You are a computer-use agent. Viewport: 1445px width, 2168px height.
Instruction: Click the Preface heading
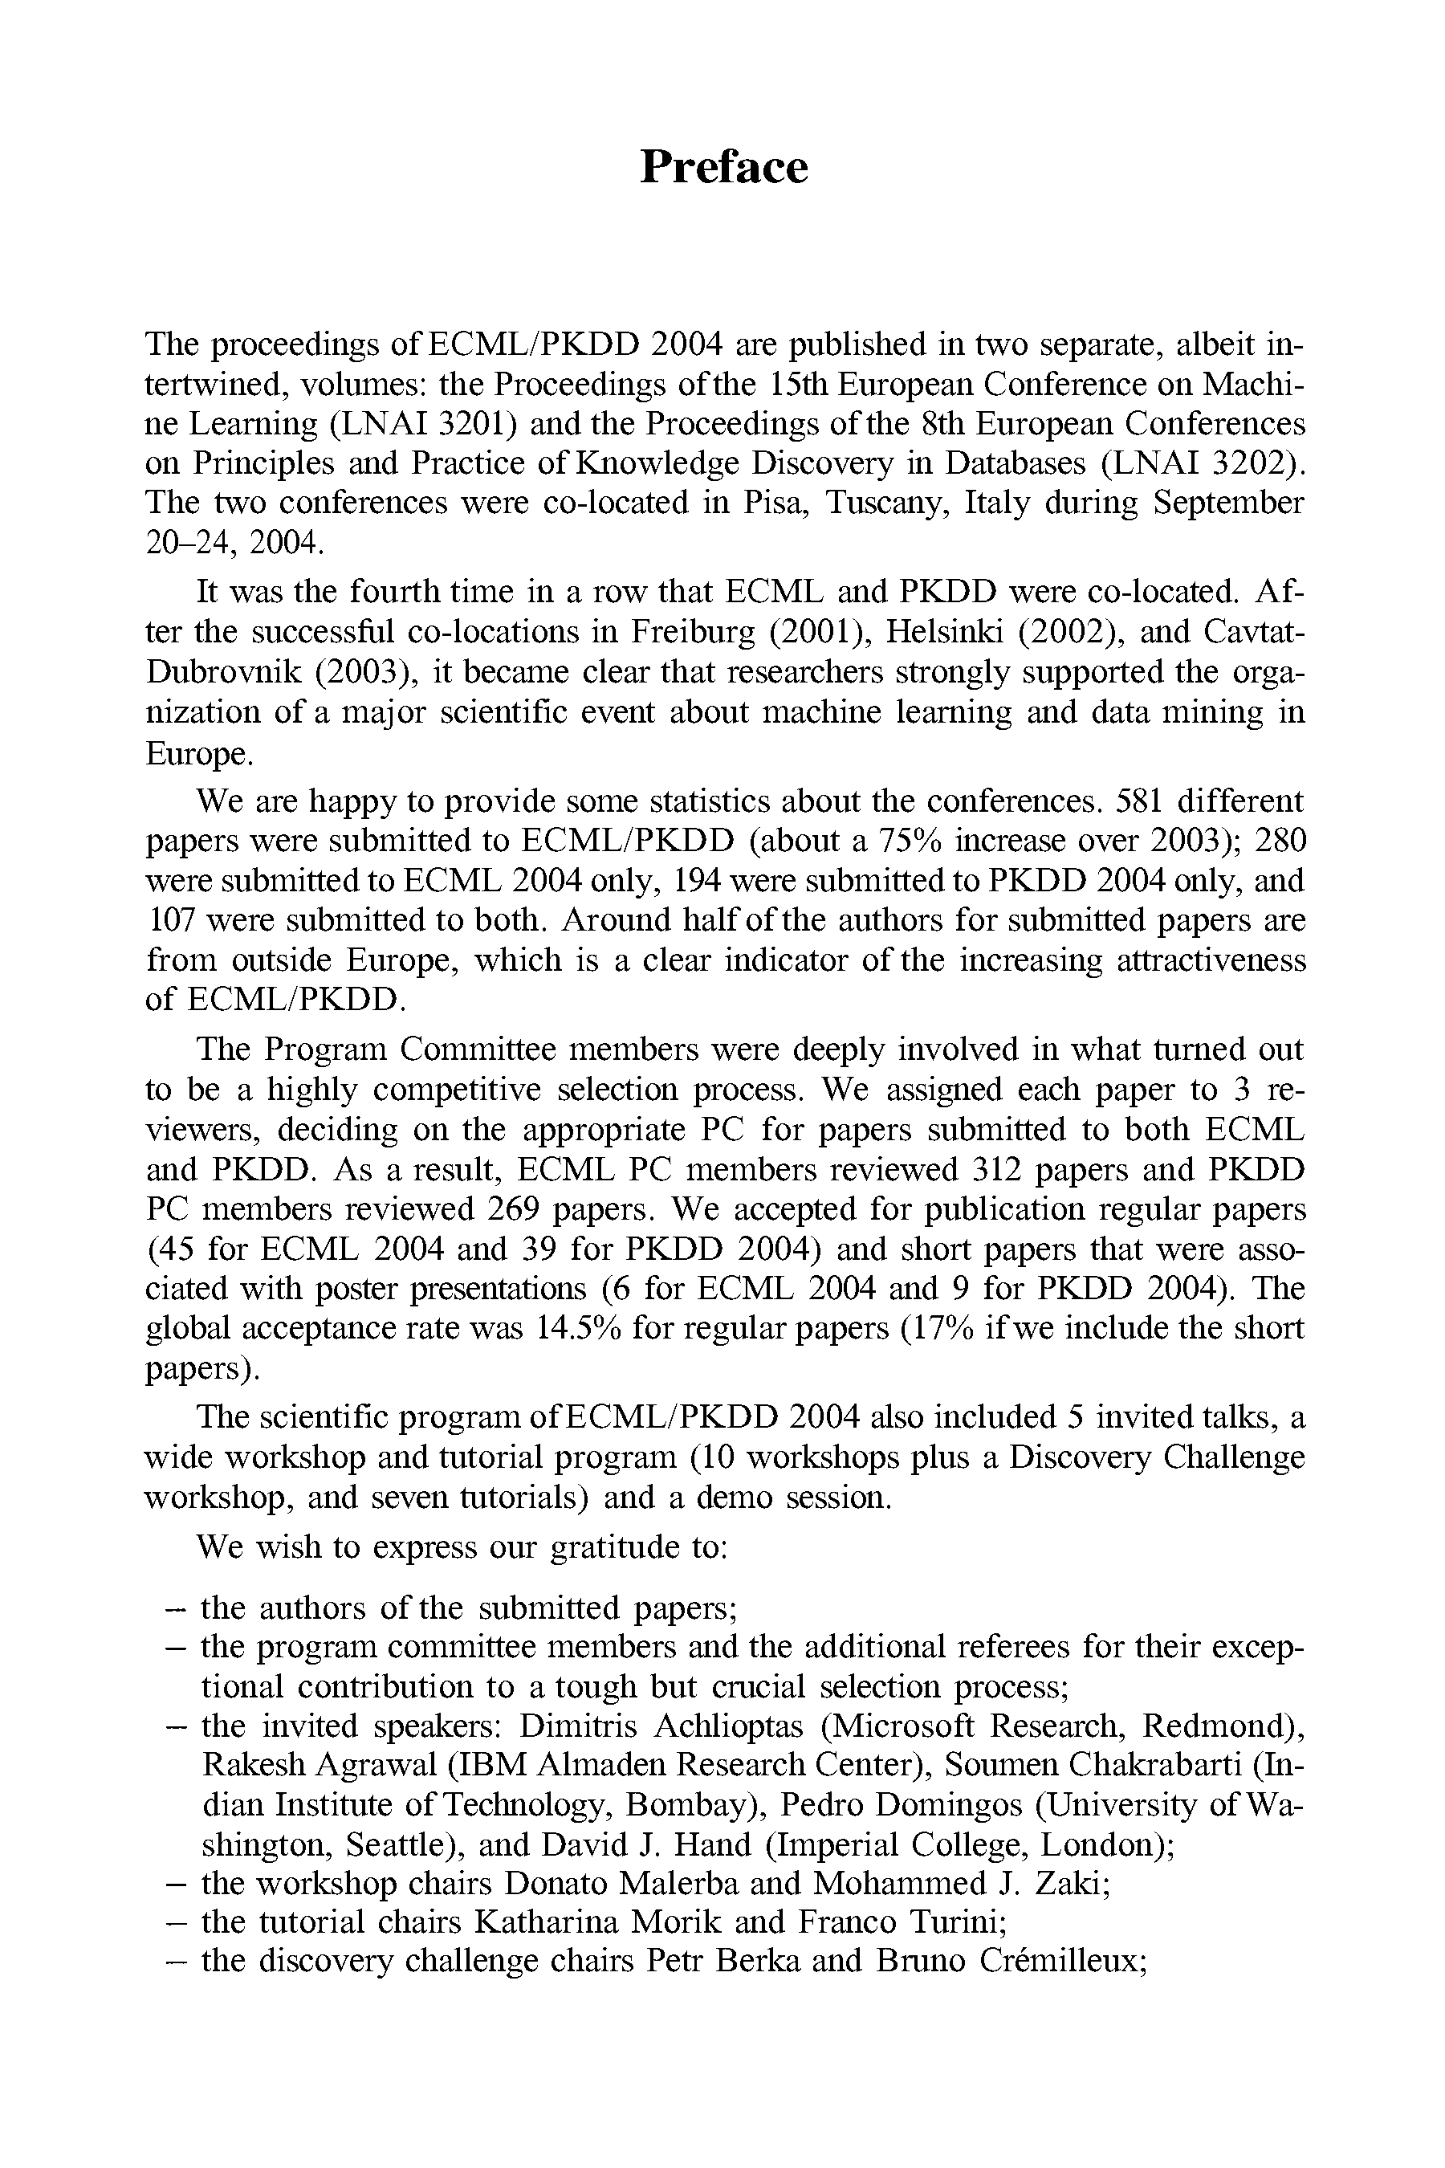click(723, 167)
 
